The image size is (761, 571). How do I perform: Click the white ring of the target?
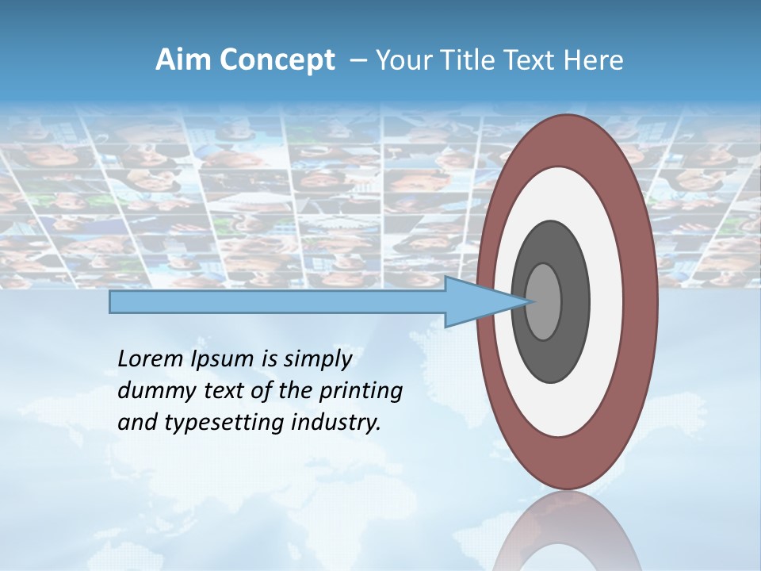point(567,412)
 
